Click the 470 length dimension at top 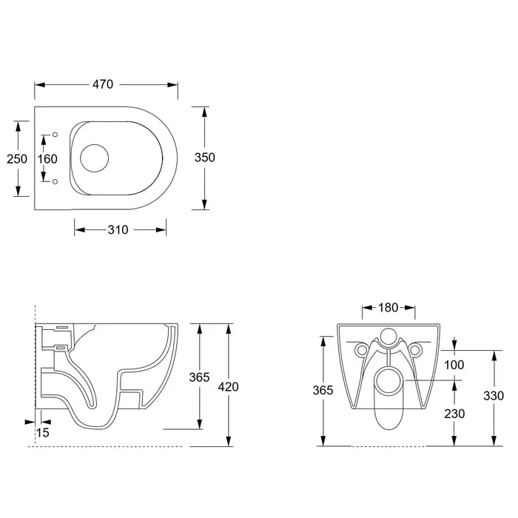point(102,84)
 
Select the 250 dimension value point(17,158)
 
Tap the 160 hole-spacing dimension point(48,158)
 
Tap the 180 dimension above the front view point(388,307)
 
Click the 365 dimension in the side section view point(198,377)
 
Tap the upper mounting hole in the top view point(55,135)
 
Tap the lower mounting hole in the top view point(55,181)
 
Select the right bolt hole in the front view point(416,349)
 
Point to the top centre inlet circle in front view point(388,336)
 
